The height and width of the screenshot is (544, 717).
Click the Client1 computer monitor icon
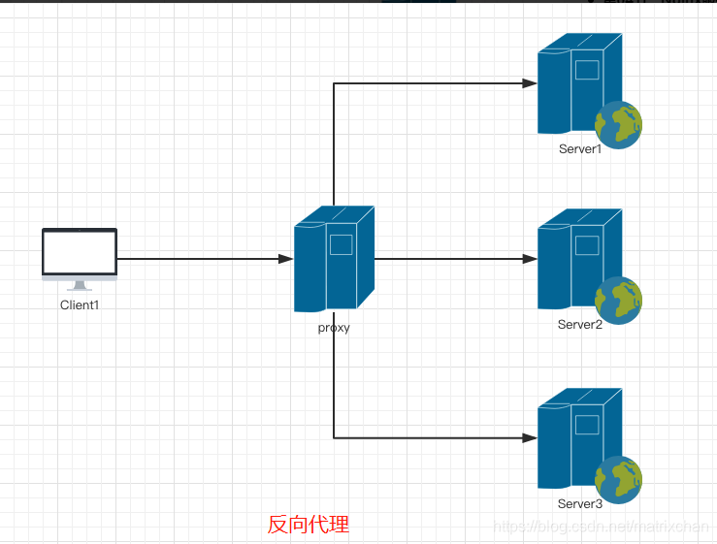80,254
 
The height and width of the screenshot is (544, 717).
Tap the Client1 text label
80,304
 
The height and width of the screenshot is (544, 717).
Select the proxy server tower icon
334,259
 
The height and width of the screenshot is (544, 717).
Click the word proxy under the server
334,328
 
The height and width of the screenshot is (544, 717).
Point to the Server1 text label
580,149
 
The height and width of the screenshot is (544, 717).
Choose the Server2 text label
580,325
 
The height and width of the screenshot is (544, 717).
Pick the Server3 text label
580,504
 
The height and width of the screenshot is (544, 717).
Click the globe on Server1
618,124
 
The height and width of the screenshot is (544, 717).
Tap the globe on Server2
618,300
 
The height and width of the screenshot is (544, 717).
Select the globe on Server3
618,480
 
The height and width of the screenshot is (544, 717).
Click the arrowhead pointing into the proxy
285,259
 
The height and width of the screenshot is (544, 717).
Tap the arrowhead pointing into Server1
530,83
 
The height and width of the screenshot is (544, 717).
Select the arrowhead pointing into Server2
530,259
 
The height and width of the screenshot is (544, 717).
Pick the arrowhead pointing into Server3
530,438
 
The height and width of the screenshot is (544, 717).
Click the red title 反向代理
309,525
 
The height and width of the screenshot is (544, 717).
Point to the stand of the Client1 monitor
80,285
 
